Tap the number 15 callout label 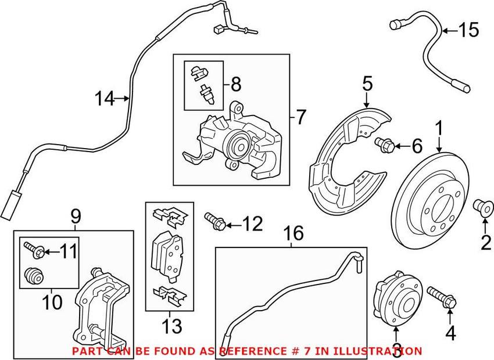tap(468, 30)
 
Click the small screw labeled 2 tap(482, 206)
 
